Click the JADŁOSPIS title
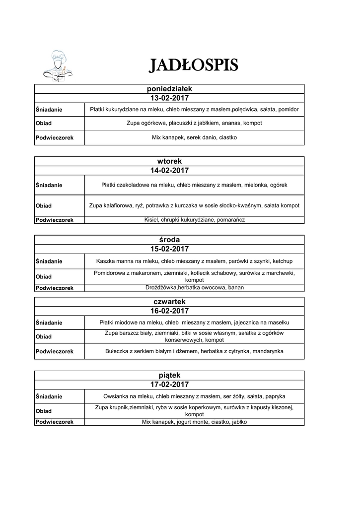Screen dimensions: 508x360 pos(194,64)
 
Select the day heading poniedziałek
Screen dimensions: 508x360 pos(169,88)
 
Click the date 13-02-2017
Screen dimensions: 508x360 pos(169,98)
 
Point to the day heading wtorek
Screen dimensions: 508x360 pos(169,161)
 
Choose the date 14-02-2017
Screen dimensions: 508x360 pos(169,170)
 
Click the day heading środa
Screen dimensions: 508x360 pos(169,240)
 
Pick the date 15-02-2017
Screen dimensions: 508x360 pos(169,249)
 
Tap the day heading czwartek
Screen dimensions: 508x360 pos(169,302)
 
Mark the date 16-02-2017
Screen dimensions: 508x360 pos(169,311)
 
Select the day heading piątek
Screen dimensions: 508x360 pos(169,375)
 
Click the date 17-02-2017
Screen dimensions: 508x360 pos(169,384)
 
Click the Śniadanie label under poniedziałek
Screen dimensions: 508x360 pos(49,109)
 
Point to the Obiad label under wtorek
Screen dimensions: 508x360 pos(44,205)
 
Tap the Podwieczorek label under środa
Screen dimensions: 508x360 pos(55,288)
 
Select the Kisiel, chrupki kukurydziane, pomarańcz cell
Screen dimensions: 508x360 pos(194,219)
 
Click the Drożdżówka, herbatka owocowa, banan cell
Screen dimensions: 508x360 pos(194,288)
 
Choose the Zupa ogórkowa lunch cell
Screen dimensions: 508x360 pos(194,123)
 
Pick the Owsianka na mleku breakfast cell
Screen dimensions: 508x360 pos(194,396)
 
